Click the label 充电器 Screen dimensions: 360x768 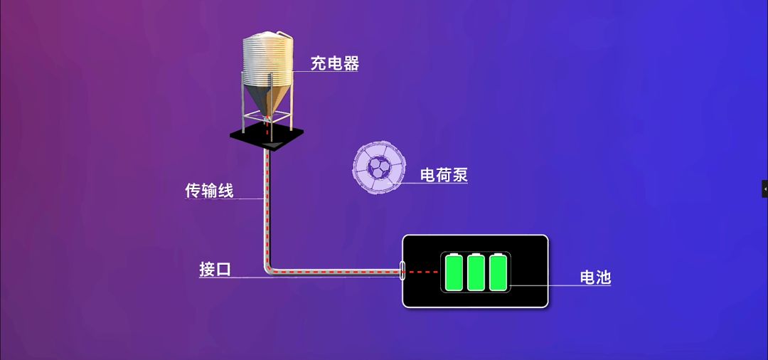click(334, 63)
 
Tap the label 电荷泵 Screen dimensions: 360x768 click(444, 174)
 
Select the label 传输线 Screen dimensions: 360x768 click(209, 191)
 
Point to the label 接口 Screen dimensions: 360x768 click(215, 270)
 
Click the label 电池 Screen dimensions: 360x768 click(595, 277)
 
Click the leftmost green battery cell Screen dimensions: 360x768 click(454, 272)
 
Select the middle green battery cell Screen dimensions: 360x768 click(476, 272)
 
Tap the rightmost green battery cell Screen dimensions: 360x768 click(498, 272)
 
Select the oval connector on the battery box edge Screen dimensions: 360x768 click(402, 271)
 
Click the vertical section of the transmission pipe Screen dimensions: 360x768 click(267, 206)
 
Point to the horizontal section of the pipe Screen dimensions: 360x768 click(334, 271)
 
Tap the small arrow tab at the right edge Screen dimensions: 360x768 click(764, 189)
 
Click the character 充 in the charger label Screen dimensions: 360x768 click(318, 63)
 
